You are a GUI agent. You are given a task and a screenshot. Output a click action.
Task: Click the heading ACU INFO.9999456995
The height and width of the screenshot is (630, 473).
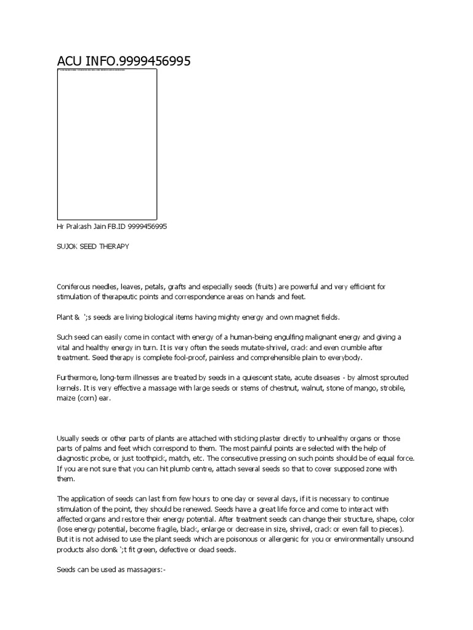click(124, 61)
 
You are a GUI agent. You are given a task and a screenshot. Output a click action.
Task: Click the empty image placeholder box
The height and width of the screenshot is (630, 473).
click(107, 144)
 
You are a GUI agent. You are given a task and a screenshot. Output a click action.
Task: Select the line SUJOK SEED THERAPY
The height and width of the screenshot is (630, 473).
click(93, 246)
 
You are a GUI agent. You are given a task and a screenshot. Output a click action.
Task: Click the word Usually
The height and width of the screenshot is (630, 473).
click(69, 438)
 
